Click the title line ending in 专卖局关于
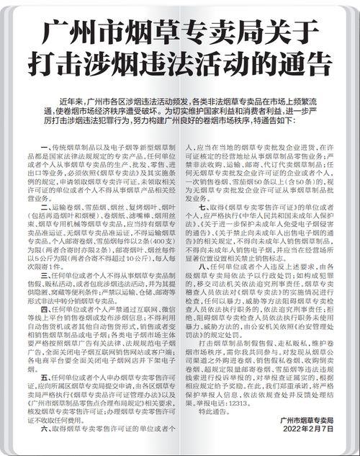[x=180, y=32]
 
